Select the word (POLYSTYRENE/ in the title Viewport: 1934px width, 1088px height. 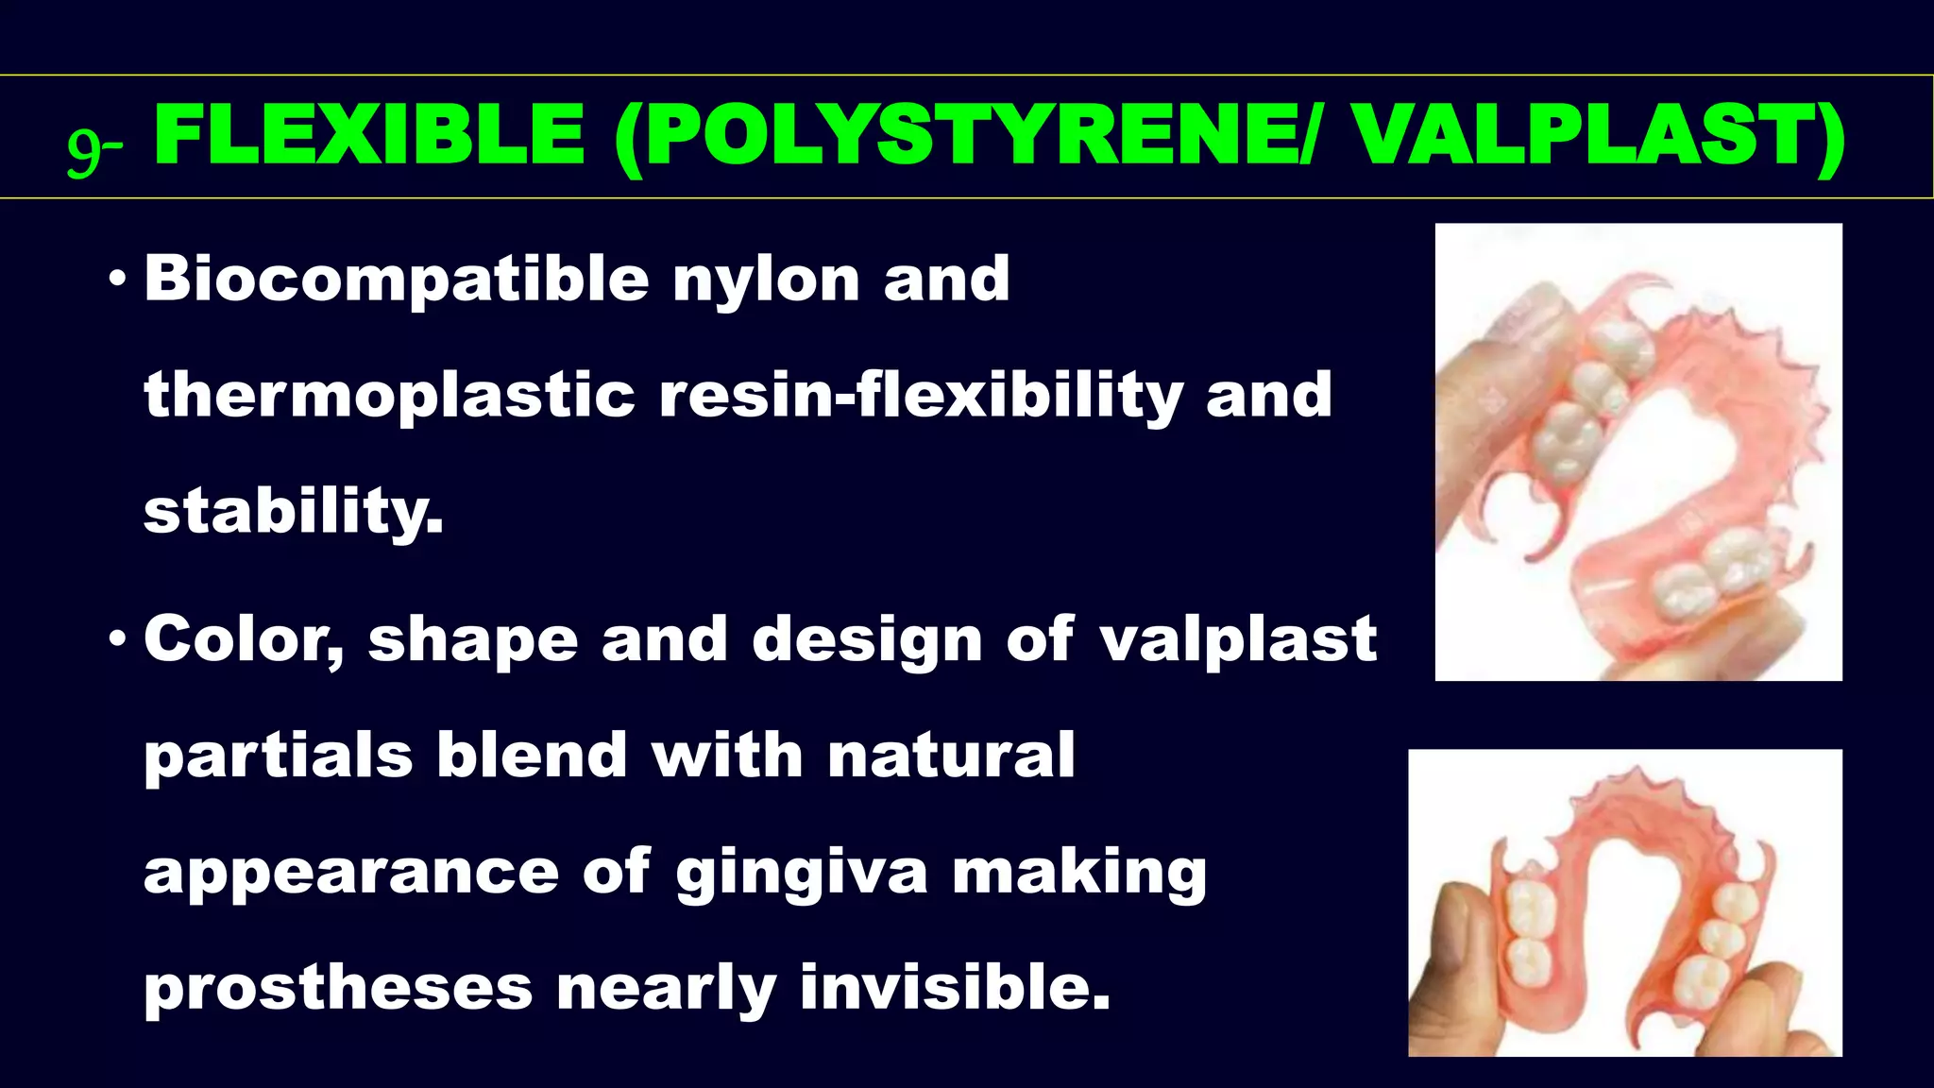click(963, 136)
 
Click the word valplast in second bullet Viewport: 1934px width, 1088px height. click(1238, 640)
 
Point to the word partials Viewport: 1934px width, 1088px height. click(279, 756)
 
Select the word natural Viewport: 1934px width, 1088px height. click(951, 756)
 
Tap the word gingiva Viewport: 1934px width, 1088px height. click(802, 874)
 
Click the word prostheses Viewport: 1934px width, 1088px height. click(338, 989)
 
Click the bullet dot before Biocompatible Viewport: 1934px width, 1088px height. click(117, 280)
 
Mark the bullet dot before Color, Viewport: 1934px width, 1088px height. click(117, 640)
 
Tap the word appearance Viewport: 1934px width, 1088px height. click(350, 874)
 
